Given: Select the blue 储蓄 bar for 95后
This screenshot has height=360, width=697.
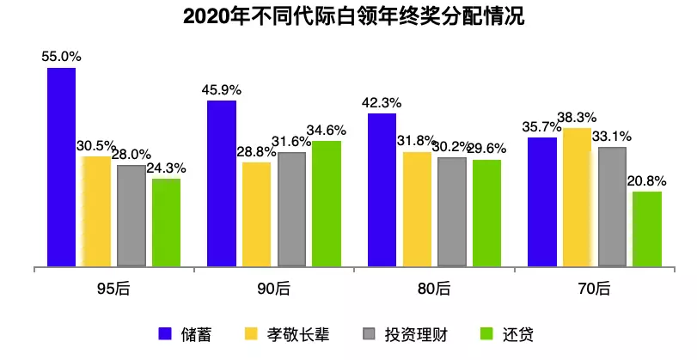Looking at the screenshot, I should point(62,167).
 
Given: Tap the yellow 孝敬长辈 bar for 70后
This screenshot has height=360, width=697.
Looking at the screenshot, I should point(577,197).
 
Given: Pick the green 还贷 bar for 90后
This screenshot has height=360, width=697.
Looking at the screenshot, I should point(327,204).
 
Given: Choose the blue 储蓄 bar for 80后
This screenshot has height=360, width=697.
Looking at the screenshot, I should point(382,190).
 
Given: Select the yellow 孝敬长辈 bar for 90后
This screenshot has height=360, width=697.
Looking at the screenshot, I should point(256,214).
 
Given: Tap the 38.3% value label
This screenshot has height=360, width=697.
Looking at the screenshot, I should point(578,117).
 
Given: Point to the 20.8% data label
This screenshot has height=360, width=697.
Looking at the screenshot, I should point(647,180).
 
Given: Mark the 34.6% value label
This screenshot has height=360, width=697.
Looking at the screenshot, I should point(327,130).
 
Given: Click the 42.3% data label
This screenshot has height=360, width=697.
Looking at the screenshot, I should point(382,102).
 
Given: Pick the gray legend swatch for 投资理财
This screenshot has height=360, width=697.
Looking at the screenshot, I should point(371,333).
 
